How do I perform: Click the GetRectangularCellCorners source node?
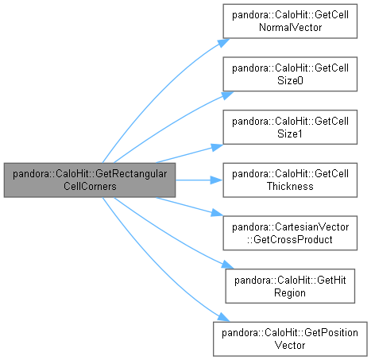(90, 180)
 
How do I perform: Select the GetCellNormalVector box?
(290, 21)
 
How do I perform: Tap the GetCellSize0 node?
(290, 74)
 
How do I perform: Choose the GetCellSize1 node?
(290, 127)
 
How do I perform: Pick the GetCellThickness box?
(290, 180)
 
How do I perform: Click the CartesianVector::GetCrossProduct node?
(290, 233)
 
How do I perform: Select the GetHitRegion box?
(290, 286)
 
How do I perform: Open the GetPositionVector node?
(290, 339)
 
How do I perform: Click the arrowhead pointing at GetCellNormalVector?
(223, 43)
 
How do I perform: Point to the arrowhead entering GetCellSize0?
(227, 95)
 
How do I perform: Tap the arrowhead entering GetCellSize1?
(217, 147)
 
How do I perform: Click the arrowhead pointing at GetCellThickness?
(217, 180)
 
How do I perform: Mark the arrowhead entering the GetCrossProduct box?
(217, 213)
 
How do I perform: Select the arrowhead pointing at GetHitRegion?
(228, 265)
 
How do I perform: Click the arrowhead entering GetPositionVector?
(224, 317)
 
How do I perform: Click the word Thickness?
(290, 186)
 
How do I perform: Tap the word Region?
(290, 292)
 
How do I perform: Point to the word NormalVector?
(290, 27)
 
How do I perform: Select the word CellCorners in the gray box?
(90, 186)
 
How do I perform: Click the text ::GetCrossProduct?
(290, 239)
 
